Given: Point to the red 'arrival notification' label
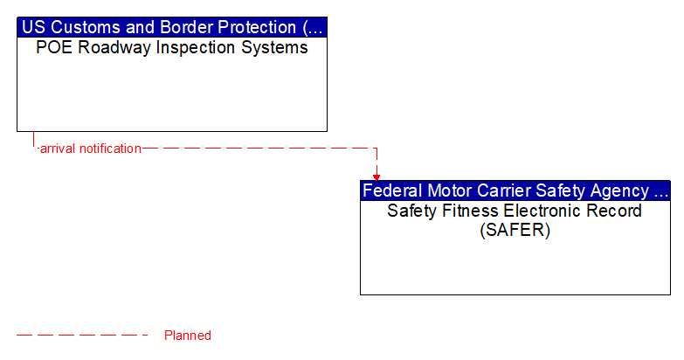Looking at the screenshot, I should [x=90, y=149].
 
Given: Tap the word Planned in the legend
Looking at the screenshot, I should [x=188, y=336].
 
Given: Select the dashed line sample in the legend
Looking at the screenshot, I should [x=83, y=336].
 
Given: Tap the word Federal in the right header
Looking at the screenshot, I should [x=393, y=190].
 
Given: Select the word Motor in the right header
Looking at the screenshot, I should [x=452, y=190].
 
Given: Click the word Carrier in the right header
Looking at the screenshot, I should [x=506, y=190].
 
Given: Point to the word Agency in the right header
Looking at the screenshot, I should [x=618, y=190].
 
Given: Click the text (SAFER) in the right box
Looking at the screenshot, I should [x=515, y=231].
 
